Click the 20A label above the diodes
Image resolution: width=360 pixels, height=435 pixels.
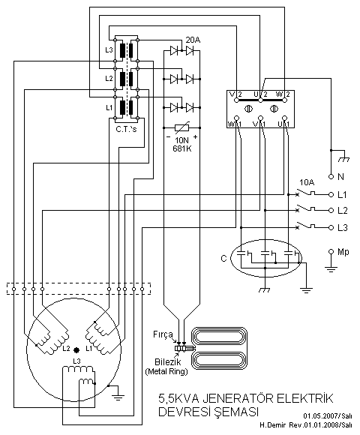pyautogui.click(x=193, y=40)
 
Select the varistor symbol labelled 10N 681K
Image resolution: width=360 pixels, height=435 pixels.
pyautogui.click(x=182, y=127)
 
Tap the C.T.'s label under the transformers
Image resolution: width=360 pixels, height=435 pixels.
pyautogui.click(x=127, y=129)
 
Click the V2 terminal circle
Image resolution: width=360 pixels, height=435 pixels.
pyautogui.click(x=236, y=100)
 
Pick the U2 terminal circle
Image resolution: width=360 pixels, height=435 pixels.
pyautogui.click(x=260, y=100)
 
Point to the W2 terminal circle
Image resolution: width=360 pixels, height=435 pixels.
pyautogui.click(x=284, y=100)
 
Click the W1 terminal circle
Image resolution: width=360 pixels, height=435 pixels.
pyautogui.click(x=236, y=118)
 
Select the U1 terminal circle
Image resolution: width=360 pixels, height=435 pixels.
pyautogui.click(x=284, y=118)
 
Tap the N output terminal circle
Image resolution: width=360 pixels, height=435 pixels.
pyautogui.click(x=331, y=176)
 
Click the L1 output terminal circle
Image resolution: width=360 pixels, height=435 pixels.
pyautogui.click(x=331, y=194)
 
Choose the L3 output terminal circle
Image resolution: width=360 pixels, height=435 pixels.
pyautogui.click(x=331, y=228)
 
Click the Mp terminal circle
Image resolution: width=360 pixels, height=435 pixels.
pyautogui.click(x=331, y=251)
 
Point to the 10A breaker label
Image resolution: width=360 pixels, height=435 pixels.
pyautogui.click(x=307, y=182)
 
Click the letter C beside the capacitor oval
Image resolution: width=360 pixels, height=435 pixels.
pyautogui.click(x=223, y=259)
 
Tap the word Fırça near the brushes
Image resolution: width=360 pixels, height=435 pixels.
pyautogui.click(x=163, y=334)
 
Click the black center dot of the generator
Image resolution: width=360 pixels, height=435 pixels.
pyautogui.click(x=76, y=350)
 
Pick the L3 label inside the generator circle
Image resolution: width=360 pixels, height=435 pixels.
pyautogui.click(x=76, y=361)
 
